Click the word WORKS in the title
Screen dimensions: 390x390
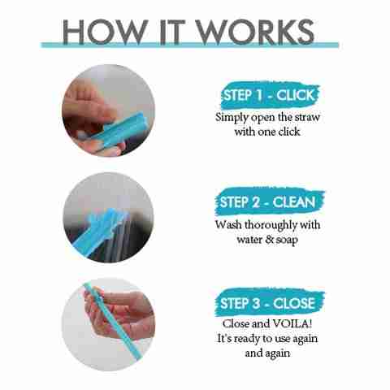click(255, 32)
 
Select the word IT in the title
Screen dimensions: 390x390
click(171, 32)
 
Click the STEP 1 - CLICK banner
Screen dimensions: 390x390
click(270, 95)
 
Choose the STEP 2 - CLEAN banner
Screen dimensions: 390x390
click(269, 202)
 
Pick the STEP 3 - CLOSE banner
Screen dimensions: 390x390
click(270, 303)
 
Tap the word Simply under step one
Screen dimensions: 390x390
click(232, 118)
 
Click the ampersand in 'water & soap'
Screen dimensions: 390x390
click(269, 240)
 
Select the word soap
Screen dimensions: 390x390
click(287, 240)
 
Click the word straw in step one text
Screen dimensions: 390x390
click(307, 118)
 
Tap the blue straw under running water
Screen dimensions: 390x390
click(100, 233)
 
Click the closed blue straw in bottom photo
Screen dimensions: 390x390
click(113, 321)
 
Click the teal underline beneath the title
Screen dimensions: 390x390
click(189, 45)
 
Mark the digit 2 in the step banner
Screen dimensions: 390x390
click(256, 202)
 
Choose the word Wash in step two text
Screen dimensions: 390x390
click(228, 225)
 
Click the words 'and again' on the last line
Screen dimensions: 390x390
click(267, 353)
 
